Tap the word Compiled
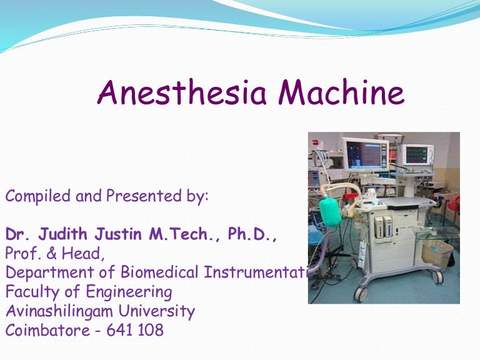38,197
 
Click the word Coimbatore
47,330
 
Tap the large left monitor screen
365,154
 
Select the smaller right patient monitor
416,154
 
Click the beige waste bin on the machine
437,254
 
